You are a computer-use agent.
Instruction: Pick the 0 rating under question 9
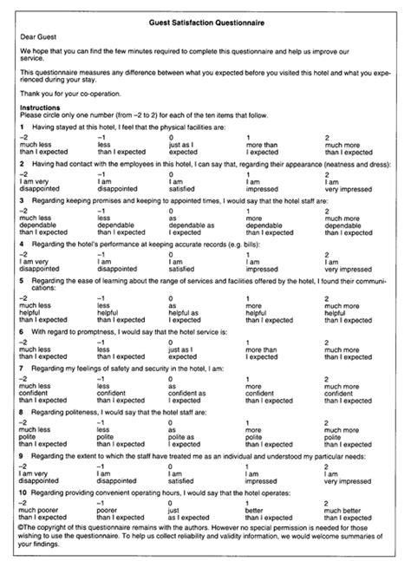click(171, 467)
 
